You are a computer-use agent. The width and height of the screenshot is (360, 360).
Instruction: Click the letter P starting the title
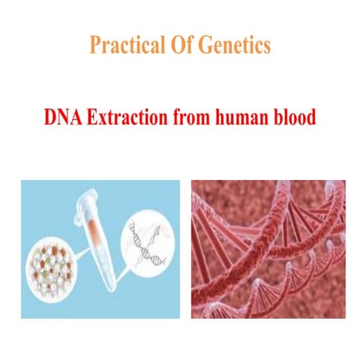[x=94, y=45]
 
